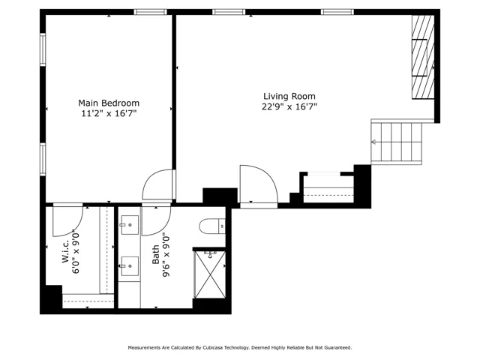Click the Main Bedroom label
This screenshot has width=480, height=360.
(x=109, y=103)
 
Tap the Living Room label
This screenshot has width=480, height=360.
(x=289, y=96)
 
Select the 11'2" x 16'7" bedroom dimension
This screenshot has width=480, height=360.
(x=109, y=113)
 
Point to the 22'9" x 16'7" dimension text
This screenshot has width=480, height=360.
(x=289, y=106)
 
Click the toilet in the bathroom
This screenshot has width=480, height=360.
(x=212, y=226)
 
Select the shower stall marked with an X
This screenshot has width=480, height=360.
(x=210, y=274)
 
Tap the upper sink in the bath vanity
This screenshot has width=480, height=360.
(x=130, y=225)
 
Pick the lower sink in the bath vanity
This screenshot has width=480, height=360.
(x=130, y=266)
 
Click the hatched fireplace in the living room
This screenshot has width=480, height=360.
(x=423, y=57)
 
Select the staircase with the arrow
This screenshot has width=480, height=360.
(x=397, y=142)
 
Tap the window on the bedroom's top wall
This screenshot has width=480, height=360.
(x=150, y=12)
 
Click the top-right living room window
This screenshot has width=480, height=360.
(x=337, y=12)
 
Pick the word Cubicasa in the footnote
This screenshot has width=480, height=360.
(x=212, y=348)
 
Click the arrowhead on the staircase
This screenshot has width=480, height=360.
(x=373, y=142)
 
